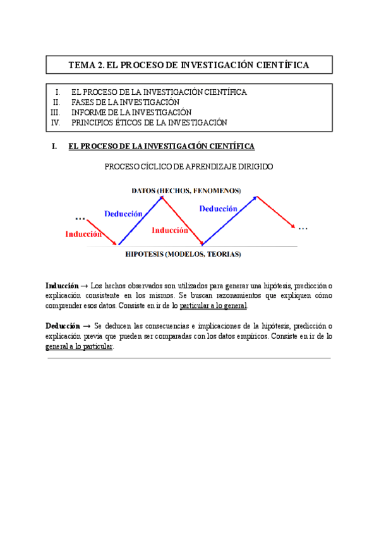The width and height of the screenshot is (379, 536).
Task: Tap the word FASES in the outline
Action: click(84, 102)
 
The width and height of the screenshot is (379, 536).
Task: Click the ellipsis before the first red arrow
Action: click(80, 217)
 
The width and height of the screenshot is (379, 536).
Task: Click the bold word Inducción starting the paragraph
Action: click(62, 286)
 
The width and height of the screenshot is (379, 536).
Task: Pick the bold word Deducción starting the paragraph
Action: click(62, 326)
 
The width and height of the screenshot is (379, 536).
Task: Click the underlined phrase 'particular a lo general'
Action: click(214, 306)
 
